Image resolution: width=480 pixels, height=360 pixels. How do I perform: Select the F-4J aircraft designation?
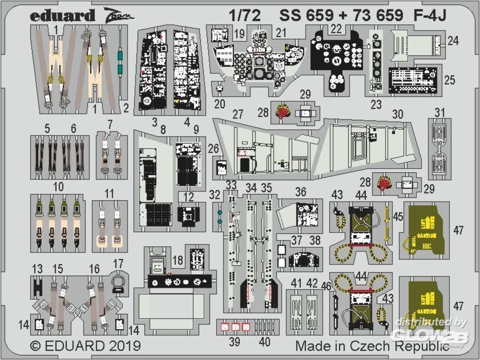coord(430,16)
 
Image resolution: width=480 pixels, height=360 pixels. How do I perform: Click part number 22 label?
coord(336,29)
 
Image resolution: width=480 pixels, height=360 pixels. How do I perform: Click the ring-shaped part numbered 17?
coord(119,281)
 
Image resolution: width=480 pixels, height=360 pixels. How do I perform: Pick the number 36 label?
coord(300,192)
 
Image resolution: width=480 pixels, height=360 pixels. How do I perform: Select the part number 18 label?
coord(178,260)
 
